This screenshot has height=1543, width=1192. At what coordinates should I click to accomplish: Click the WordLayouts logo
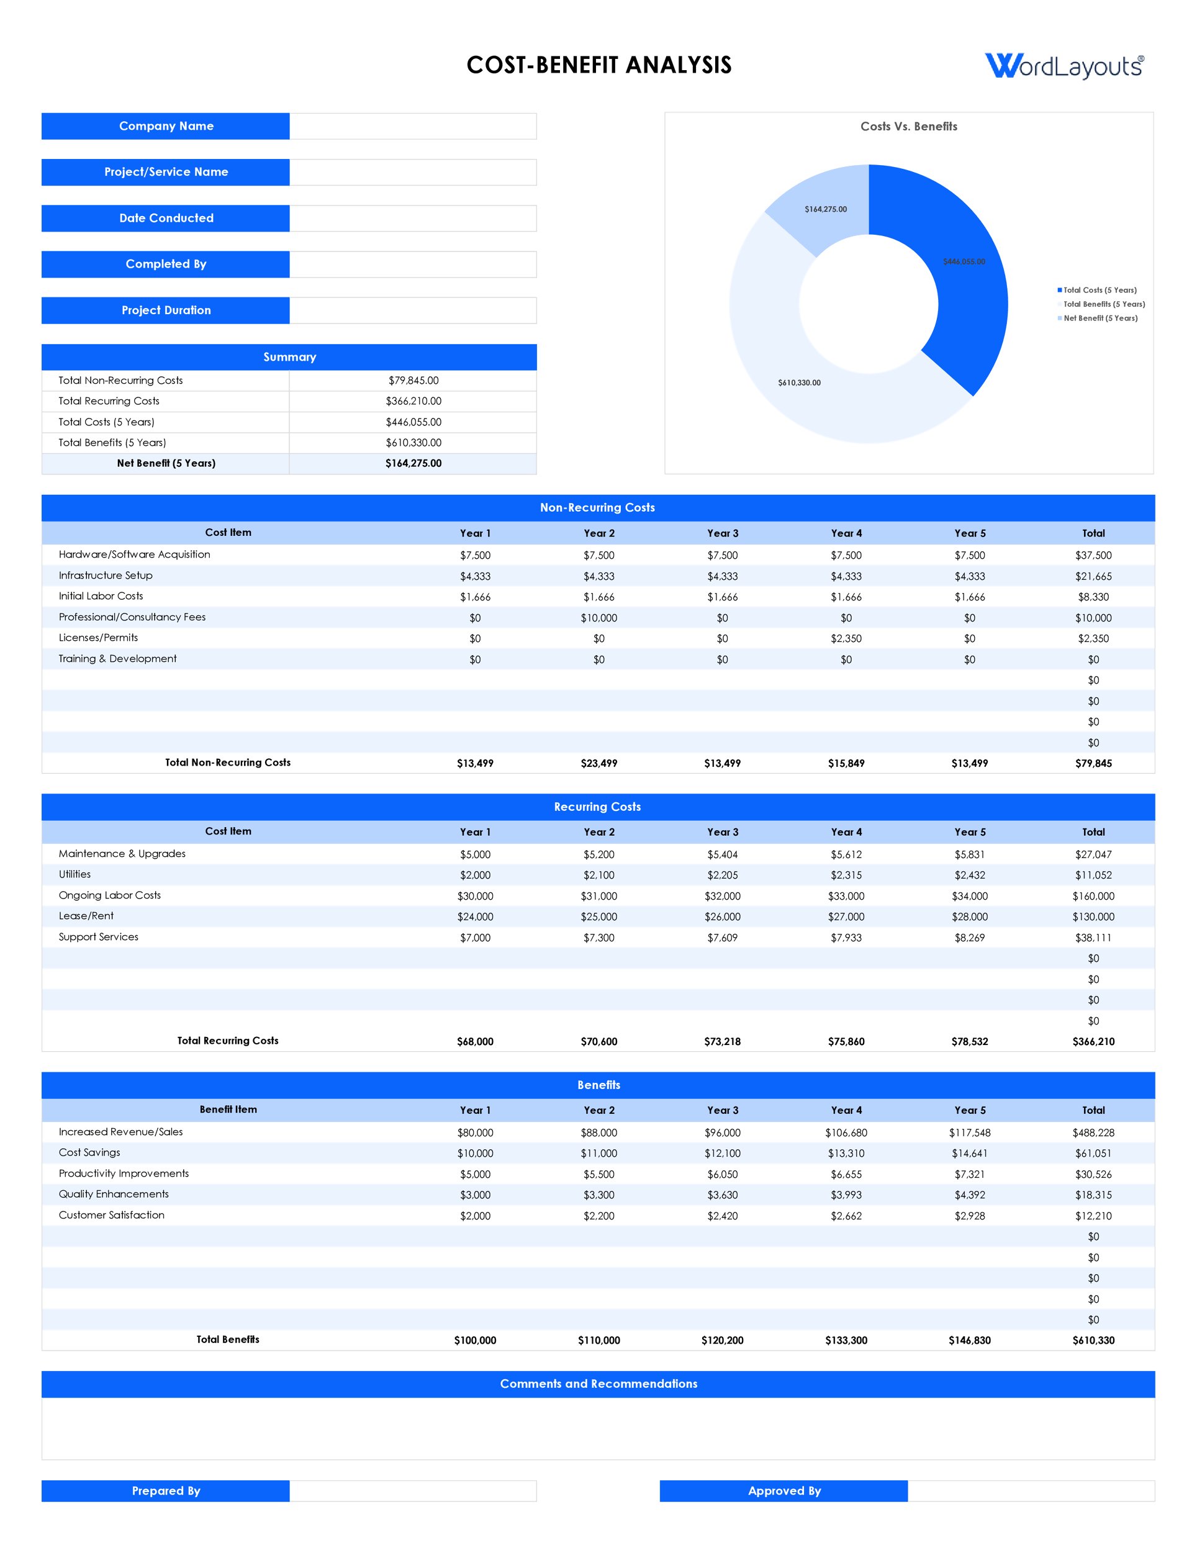1064,66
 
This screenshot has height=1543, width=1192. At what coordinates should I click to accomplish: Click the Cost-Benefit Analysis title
598,65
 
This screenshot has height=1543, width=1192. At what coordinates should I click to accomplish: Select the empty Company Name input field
413,127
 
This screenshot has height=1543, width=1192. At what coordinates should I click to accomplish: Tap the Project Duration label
165,310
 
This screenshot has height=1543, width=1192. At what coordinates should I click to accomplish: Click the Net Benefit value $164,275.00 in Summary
413,463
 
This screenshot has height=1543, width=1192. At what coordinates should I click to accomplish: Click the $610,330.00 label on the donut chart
799,383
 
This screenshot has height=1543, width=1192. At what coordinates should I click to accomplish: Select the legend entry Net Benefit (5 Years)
1100,318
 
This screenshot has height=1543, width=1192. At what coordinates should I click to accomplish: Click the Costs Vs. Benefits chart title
909,127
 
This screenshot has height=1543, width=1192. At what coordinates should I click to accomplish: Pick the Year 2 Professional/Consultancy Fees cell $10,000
598,618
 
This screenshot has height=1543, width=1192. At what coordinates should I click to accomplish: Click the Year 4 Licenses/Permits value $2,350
846,639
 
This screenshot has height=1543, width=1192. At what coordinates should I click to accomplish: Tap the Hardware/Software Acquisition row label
134,554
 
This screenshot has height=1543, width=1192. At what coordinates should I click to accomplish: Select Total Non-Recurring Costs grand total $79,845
1093,763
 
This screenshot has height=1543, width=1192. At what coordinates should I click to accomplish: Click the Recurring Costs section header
597,807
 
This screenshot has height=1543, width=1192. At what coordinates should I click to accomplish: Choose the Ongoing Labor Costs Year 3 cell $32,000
722,896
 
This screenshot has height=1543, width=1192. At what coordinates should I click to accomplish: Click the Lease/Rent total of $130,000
1093,917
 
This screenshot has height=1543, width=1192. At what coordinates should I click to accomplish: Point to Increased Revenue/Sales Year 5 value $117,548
969,1133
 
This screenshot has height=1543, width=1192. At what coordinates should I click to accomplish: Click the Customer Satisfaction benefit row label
112,1215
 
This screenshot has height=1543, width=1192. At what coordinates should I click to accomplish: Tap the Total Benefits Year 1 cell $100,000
475,1340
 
